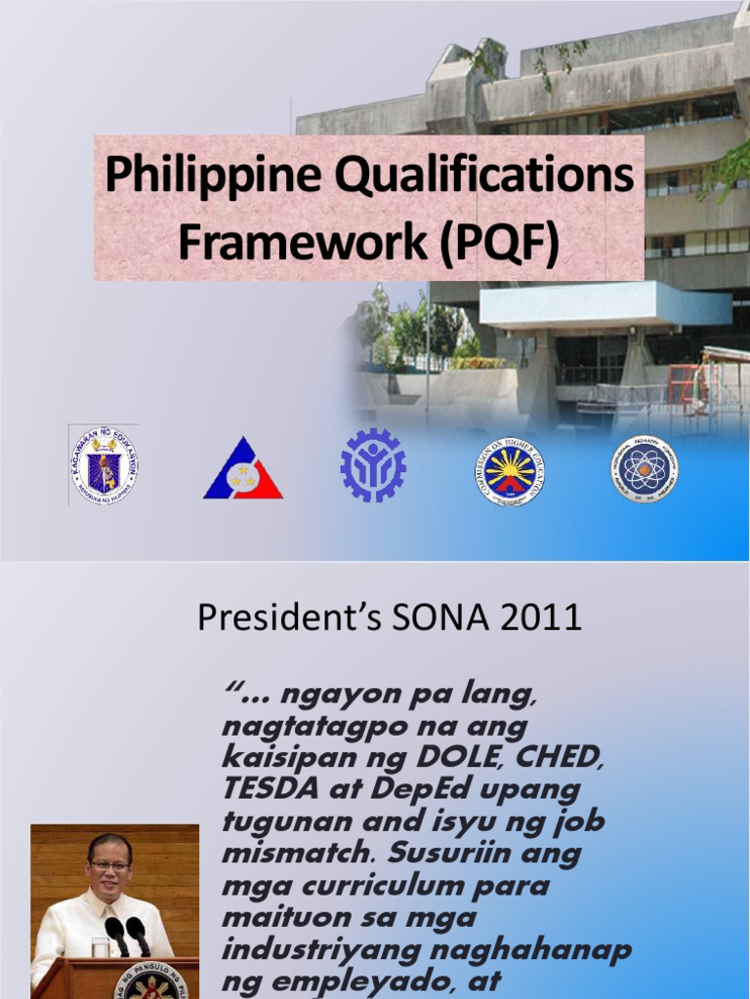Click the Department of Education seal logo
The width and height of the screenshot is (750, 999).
104,465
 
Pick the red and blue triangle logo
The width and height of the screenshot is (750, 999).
242,469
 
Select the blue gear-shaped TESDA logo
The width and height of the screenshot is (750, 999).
373,466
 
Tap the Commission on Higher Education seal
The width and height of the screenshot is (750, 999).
512,470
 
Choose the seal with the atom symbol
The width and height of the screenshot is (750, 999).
644,468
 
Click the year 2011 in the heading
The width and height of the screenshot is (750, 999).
546,618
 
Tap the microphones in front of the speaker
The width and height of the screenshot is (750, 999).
127,935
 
